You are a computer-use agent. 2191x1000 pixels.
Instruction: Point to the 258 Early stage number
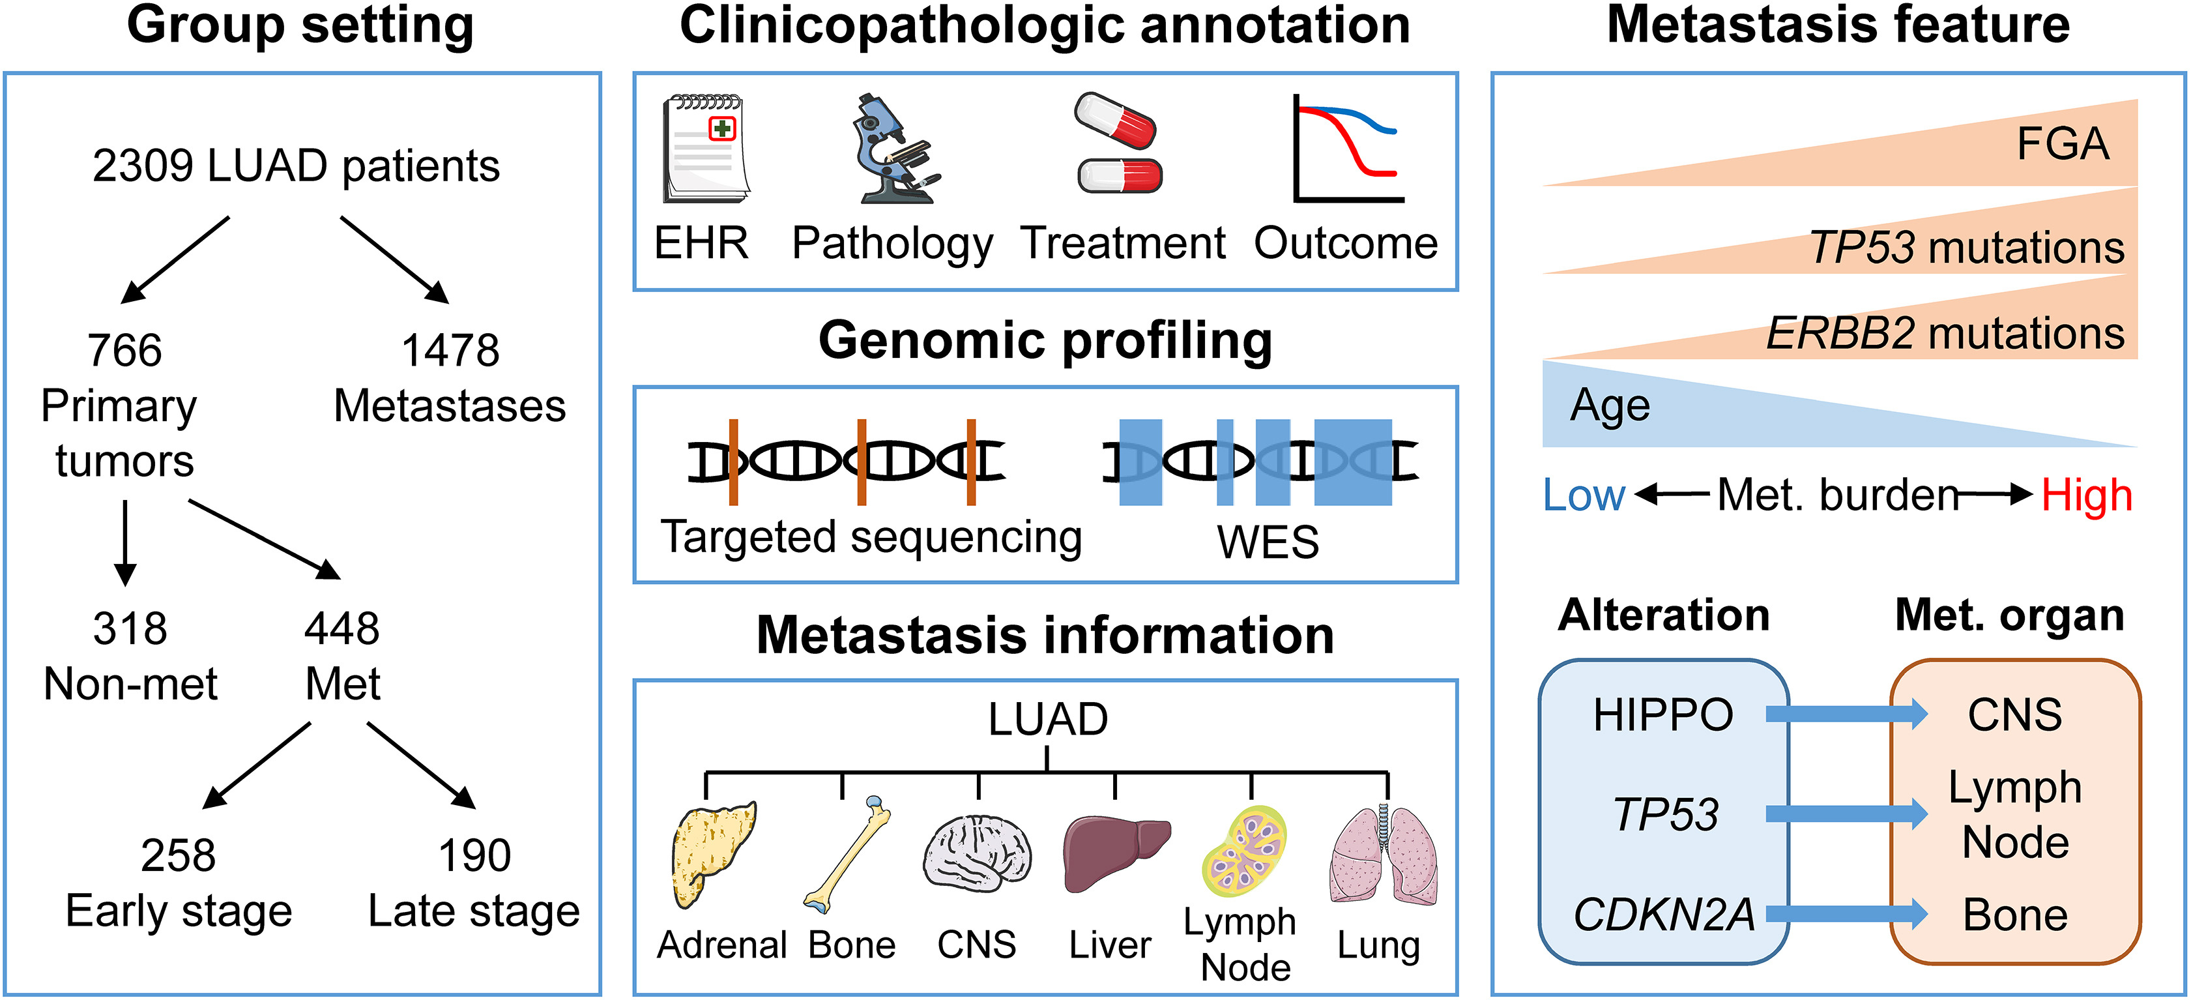pos(178,855)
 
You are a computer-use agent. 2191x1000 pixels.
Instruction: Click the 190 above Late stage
pos(474,855)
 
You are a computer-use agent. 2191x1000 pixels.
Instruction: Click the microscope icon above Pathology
pos(893,149)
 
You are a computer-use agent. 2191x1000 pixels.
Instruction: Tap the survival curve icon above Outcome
pos(1346,149)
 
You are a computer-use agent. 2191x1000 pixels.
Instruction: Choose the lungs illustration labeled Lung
pos(1384,855)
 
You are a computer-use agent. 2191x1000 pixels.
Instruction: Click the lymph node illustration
pos(1244,850)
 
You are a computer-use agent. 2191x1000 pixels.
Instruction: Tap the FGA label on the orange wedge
pos(2063,143)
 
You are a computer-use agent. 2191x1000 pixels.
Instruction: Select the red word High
pos(2086,495)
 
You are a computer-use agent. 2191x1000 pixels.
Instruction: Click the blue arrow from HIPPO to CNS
pos(1846,714)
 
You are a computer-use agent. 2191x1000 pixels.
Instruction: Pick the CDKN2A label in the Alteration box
pos(1664,915)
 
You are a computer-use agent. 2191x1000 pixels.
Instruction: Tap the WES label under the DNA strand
pos(1268,541)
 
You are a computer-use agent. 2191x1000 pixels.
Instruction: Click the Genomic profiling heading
pos(1045,340)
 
